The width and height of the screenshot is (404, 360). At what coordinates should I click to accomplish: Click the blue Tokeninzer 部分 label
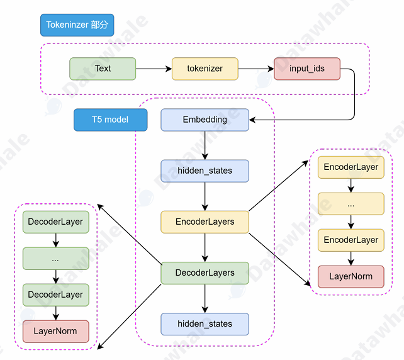tap(77, 25)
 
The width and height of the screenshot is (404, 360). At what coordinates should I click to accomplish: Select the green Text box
tap(103, 69)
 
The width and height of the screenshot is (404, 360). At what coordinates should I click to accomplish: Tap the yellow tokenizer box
tap(205, 69)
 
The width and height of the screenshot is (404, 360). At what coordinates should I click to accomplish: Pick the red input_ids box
tap(307, 69)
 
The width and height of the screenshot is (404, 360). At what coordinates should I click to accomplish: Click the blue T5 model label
tap(110, 120)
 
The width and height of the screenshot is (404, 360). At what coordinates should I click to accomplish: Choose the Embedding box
tap(205, 120)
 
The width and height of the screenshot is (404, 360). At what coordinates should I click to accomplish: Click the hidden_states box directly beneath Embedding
tap(205, 171)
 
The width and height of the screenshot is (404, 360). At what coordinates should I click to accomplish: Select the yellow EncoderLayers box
tap(205, 222)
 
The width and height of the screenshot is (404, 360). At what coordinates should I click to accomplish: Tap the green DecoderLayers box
tap(205, 273)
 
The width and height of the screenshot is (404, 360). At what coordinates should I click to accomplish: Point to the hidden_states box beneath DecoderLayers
tap(205, 323)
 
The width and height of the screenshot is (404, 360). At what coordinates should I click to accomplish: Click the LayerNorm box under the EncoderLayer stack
tap(351, 276)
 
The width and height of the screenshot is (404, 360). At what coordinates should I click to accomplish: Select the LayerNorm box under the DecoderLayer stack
tap(55, 331)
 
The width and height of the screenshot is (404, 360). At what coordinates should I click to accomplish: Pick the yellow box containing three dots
tap(351, 204)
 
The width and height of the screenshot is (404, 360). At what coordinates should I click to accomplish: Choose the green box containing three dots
tap(55, 258)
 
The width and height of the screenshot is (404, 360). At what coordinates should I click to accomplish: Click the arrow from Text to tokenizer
tap(154, 69)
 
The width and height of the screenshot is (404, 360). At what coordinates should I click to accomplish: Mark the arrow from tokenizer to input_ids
tap(256, 69)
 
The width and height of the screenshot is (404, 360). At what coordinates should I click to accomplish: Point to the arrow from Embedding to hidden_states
tap(205, 145)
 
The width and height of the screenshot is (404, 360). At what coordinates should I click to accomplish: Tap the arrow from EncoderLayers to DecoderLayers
tap(205, 247)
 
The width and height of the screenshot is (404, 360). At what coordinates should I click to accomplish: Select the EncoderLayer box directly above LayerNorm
tap(351, 240)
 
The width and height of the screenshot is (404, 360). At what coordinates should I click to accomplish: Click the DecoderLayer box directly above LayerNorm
tap(55, 295)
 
